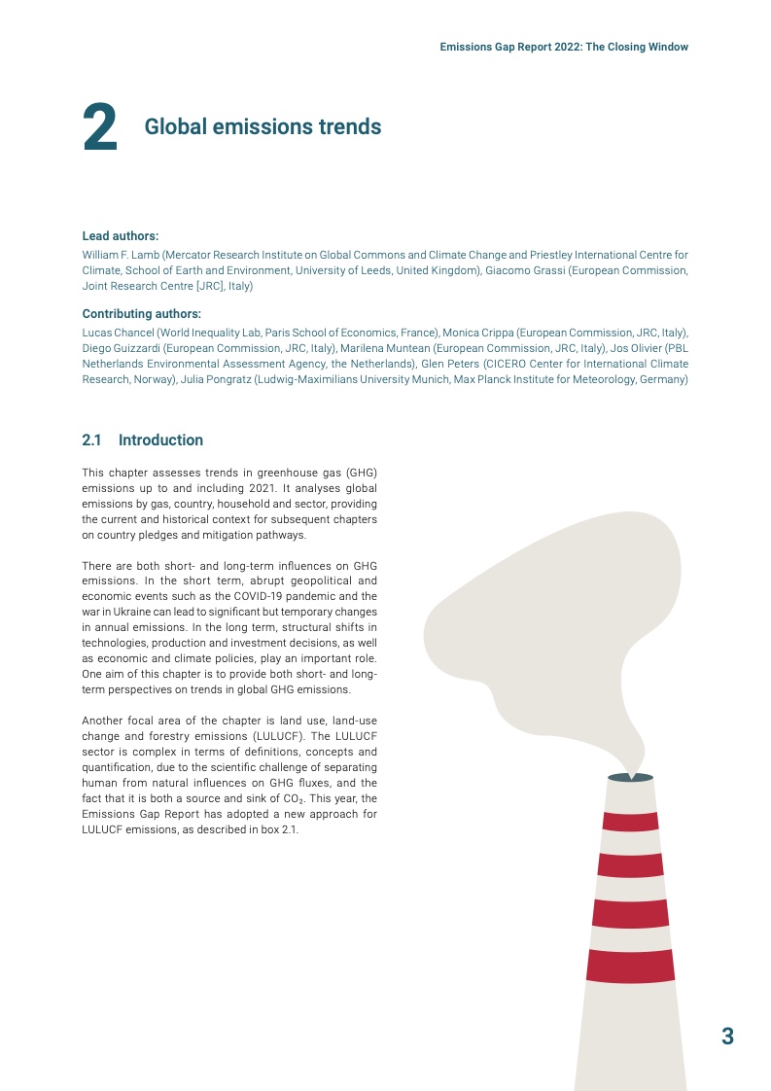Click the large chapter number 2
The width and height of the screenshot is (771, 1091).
click(100, 129)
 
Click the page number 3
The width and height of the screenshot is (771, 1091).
click(727, 1036)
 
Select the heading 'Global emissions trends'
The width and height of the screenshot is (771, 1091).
click(263, 127)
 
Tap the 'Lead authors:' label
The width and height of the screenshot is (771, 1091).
click(120, 236)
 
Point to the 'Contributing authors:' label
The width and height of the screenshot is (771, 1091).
click(141, 314)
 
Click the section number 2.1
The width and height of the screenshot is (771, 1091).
click(92, 440)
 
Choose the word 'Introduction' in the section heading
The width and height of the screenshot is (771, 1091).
click(160, 440)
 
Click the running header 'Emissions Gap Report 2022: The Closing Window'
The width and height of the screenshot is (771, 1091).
click(564, 47)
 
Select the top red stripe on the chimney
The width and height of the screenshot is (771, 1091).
click(629, 821)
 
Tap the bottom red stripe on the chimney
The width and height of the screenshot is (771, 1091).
click(630, 965)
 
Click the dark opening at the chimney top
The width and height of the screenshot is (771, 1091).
click(630, 777)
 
